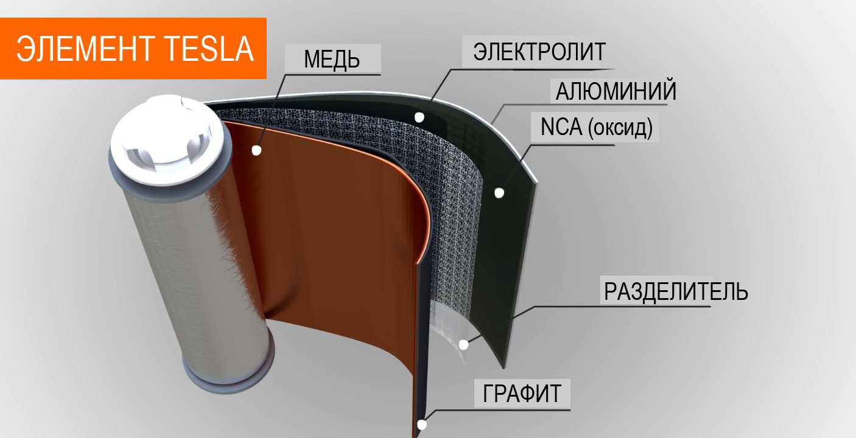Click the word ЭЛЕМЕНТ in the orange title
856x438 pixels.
pos(86,49)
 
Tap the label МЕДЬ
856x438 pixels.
pos(332,60)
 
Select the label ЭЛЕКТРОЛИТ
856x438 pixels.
pos(539,52)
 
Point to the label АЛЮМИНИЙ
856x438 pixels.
pos(616,92)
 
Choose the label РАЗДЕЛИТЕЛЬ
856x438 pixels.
pos(675,292)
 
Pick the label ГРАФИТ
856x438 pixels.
pos(522,394)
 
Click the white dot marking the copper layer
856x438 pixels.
pos(256,150)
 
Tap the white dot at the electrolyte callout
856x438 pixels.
pos(419,116)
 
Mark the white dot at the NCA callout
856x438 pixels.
pos(499,193)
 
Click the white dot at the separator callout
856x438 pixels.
pos(463,345)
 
